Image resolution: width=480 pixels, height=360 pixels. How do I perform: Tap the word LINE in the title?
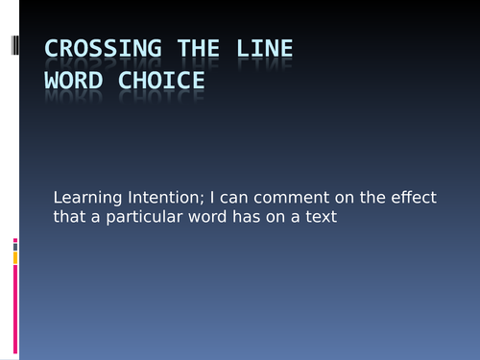tap(265, 49)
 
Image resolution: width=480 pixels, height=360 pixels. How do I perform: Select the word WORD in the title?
tap(76, 81)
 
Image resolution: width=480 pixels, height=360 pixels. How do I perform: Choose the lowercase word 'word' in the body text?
tap(217, 219)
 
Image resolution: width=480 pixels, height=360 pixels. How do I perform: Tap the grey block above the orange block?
tap(15, 247)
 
